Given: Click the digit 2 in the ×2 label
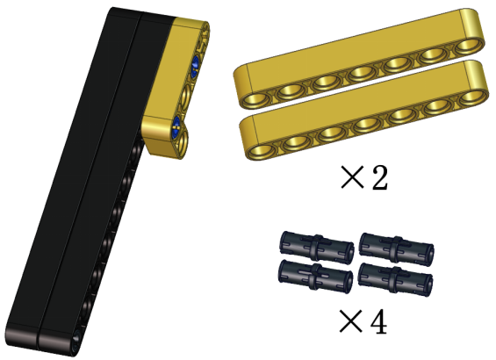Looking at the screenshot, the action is [x=379, y=177].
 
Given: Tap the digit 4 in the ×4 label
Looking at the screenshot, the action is [x=378, y=322].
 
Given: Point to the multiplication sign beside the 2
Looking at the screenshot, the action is [x=353, y=177].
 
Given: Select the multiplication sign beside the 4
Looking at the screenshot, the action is [x=351, y=321].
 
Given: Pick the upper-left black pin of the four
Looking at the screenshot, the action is [x=317, y=248].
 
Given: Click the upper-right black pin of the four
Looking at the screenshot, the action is [x=397, y=249].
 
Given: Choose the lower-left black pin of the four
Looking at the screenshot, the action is [x=316, y=277].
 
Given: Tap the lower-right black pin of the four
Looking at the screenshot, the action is [x=395, y=279].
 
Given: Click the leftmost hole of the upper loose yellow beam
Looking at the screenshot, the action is [x=255, y=100].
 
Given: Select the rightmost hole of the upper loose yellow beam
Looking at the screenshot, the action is [x=470, y=47].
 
